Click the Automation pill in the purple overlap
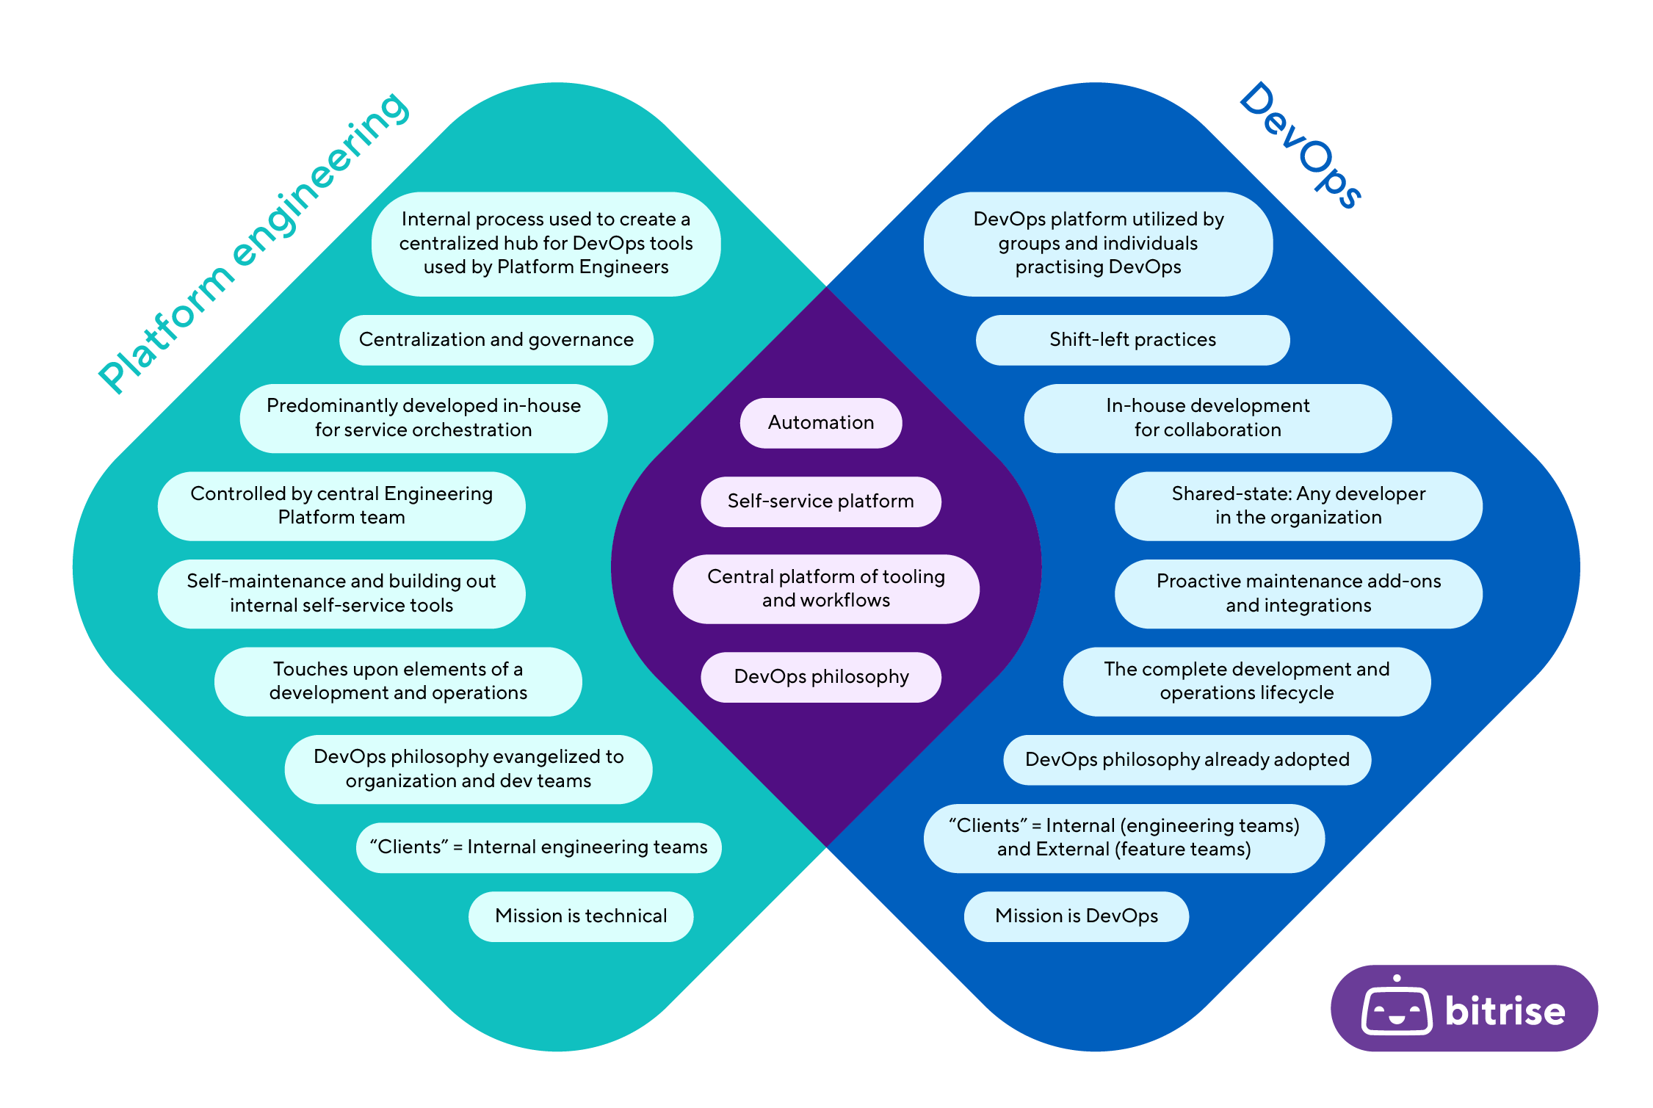coord(820,423)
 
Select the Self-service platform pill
coord(820,502)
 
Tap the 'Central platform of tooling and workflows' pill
coord(825,589)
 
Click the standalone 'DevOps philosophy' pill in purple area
coord(820,677)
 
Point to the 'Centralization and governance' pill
coord(496,340)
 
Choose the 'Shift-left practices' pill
coord(1132,340)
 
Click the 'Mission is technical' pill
coord(580,916)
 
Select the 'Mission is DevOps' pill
coord(1076,916)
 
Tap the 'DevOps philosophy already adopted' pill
coord(1187,760)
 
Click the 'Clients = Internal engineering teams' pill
coord(538,847)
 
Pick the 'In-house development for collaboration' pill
coord(1207,418)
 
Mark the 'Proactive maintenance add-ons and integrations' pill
coord(1298,593)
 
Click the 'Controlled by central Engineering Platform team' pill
coord(341,506)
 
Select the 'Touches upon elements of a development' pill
coord(397,681)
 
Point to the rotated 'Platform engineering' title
coord(253,242)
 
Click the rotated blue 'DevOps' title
coord(1301,145)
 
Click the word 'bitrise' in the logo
coord(1505,1011)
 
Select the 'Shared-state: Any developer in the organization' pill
coord(1298,506)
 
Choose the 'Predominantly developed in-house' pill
coord(423,418)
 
